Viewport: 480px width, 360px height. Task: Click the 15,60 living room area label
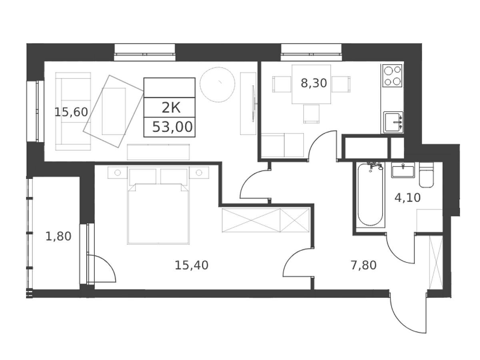pyautogui.click(x=71, y=112)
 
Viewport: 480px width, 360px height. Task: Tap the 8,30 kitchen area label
pyautogui.click(x=314, y=83)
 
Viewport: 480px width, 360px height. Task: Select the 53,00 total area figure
pyautogui.click(x=172, y=127)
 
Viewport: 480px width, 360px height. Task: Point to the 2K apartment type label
pyautogui.click(x=171, y=108)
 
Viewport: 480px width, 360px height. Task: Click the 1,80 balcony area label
pyautogui.click(x=58, y=236)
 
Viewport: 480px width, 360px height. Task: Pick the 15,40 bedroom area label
pyautogui.click(x=192, y=265)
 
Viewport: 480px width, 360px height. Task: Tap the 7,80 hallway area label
pyautogui.click(x=364, y=265)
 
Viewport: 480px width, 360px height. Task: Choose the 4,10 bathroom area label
pyautogui.click(x=408, y=198)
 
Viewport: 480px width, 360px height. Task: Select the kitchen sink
pyautogui.click(x=393, y=122)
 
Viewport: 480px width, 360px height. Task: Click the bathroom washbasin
pyautogui.click(x=403, y=170)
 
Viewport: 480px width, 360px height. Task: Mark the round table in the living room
pyautogui.click(x=217, y=84)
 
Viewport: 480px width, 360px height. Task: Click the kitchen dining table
pyautogui.click(x=311, y=84)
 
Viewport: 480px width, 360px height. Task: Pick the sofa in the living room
pyautogui.click(x=73, y=112)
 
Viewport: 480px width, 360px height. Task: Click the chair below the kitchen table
pyautogui.click(x=311, y=114)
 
